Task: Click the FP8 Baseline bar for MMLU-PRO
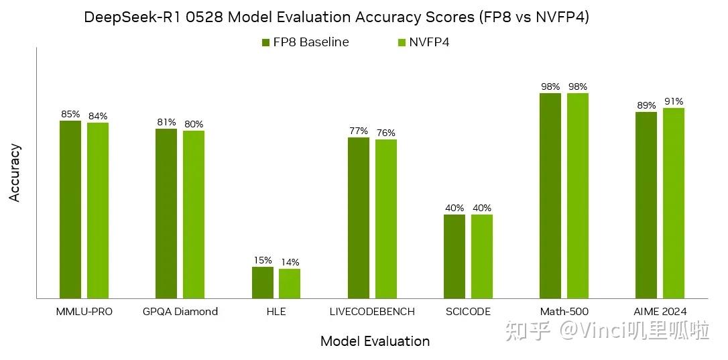(70, 209)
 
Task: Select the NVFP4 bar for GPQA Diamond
(194, 214)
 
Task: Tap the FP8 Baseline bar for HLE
(263, 282)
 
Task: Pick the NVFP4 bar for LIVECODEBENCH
(386, 219)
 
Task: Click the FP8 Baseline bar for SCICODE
(454, 256)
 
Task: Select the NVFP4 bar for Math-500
(578, 195)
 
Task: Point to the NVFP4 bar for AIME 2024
(674, 202)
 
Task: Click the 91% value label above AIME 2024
(674, 101)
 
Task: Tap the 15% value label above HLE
(263, 260)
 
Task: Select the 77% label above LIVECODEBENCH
(359, 131)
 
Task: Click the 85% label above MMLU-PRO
(70, 114)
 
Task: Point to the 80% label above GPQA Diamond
(194, 124)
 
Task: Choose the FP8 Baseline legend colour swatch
(265, 43)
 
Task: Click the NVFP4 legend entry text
(430, 42)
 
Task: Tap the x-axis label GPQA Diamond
(180, 312)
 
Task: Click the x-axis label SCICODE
(468, 312)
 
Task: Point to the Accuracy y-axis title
(15, 172)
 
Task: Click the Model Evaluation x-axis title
(375, 341)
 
